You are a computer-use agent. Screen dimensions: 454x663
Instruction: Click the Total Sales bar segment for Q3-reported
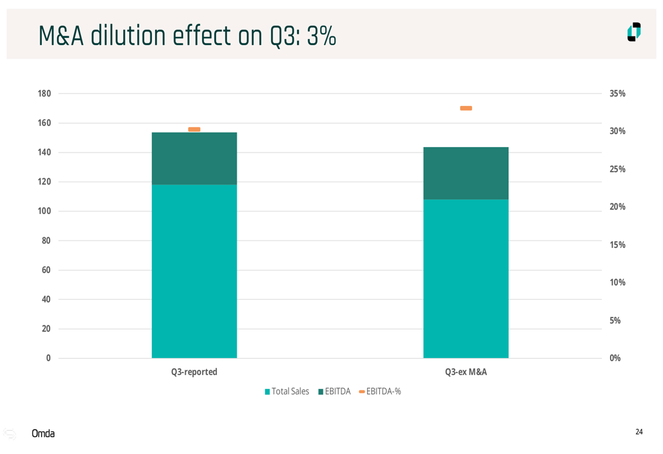[x=194, y=271]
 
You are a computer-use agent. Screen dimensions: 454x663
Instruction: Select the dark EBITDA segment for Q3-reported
[x=194, y=158]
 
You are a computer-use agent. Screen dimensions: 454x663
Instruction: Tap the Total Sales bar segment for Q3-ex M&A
[x=466, y=278]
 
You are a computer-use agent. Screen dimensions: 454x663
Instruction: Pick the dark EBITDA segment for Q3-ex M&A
[x=466, y=173]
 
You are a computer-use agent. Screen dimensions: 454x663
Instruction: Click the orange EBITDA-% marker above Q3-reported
[x=194, y=129]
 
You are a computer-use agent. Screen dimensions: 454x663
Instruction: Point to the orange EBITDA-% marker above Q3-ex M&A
[x=466, y=108]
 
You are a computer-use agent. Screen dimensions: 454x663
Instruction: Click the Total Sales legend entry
[x=287, y=392]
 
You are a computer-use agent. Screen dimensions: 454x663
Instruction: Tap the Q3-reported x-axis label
[x=194, y=372]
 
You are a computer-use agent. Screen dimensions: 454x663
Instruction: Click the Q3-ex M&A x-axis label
[x=466, y=372]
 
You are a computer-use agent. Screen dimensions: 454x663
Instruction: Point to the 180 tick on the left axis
[x=44, y=93]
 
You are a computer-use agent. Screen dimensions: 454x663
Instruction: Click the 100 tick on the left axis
[x=44, y=211]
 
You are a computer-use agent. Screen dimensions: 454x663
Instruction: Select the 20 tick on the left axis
[x=46, y=329]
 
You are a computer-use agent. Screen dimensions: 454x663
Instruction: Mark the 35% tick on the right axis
[x=617, y=94]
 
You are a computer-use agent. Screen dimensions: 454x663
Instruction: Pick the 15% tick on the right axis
[x=617, y=245]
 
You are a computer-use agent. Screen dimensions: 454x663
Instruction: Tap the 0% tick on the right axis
[x=615, y=358]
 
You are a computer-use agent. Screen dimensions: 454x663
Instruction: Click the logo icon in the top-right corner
[x=634, y=32]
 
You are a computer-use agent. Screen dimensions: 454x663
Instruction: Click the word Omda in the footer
[x=43, y=433]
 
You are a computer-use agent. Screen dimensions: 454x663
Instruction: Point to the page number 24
[x=639, y=432]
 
